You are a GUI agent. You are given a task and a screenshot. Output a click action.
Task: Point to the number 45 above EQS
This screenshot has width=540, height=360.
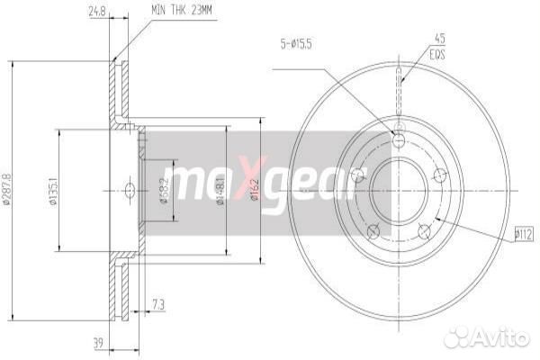440,38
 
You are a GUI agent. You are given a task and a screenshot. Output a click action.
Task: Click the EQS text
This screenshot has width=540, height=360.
439,53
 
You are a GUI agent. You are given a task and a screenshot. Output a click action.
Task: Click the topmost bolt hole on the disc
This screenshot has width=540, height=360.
399,139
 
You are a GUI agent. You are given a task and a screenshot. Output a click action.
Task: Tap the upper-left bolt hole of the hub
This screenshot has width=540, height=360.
358,175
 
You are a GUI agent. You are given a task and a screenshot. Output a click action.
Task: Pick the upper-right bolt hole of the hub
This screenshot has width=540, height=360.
440,175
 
